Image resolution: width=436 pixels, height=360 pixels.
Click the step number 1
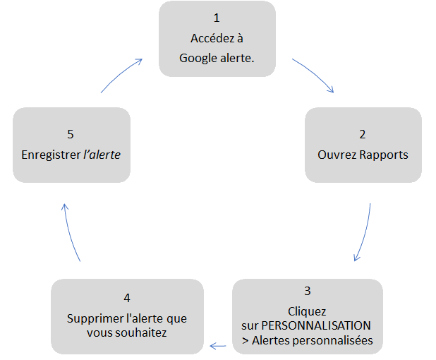(x=217, y=18)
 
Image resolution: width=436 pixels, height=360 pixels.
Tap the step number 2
(x=363, y=134)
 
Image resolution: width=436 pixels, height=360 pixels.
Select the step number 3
(x=308, y=291)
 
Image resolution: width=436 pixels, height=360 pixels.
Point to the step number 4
(x=127, y=298)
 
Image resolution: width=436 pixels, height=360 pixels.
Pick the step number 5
(x=71, y=134)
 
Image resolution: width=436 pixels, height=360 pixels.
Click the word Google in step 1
(x=198, y=59)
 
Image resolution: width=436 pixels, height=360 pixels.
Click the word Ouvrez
(x=337, y=155)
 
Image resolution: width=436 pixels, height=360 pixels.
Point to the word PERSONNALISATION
(x=316, y=325)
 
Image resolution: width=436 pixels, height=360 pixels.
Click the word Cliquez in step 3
(x=307, y=311)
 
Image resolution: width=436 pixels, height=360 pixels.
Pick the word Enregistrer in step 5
(x=52, y=155)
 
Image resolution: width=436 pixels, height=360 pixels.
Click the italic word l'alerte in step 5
(x=102, y=155)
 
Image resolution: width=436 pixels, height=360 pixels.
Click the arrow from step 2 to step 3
(x=365, y=233)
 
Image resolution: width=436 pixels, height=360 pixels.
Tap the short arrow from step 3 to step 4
(x=218, y=346)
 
